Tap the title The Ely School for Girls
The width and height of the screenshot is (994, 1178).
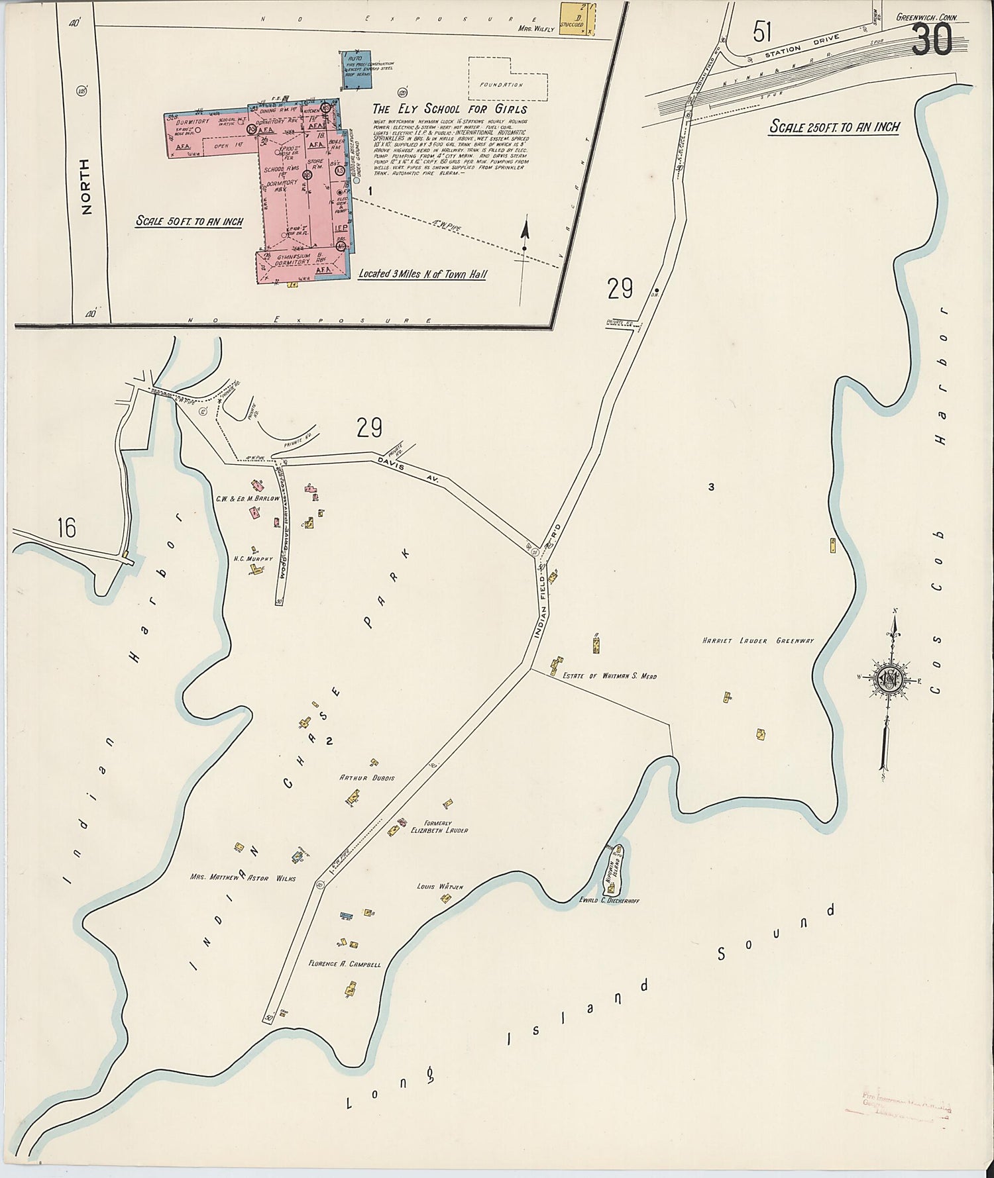[x=450, y=109]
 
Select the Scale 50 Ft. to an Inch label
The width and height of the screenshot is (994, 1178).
[x=190, y=222]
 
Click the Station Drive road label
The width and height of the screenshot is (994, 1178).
[x=801, y=46]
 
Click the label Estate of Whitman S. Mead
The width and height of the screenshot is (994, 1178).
[x=609, y=676]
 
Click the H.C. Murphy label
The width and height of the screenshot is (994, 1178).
[x=253, y=559]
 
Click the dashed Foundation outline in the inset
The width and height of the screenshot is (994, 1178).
[x=508, y=77]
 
